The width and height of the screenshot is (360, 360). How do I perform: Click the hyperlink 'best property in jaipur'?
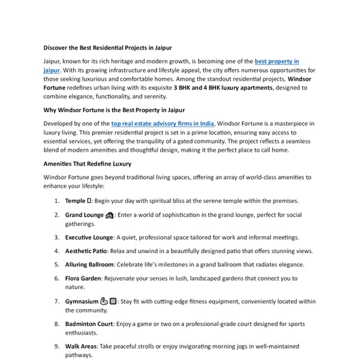(277, 61)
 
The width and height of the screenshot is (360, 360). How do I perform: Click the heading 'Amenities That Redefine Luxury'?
(88, 163)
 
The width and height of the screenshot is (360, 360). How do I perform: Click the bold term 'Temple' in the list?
(76, 201)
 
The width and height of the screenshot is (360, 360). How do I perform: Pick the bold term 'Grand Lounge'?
(85, 215)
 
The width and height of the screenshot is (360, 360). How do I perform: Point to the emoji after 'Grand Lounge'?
(109, 215)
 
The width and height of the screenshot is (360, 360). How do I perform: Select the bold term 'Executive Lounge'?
(89, 238)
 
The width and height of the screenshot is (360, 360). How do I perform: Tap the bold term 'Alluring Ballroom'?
(89, 265)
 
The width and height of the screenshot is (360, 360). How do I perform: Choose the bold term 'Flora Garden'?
(83, 278)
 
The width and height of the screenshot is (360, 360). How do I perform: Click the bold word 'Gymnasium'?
(82, 301)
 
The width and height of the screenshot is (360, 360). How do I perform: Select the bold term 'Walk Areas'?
(80, 346)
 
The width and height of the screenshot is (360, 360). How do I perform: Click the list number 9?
(56, 346)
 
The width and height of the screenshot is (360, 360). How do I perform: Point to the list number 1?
(56, 201)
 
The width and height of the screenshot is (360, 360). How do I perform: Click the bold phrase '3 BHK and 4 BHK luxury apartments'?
(223, 88)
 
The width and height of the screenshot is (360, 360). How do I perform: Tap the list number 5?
(56, 265)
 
